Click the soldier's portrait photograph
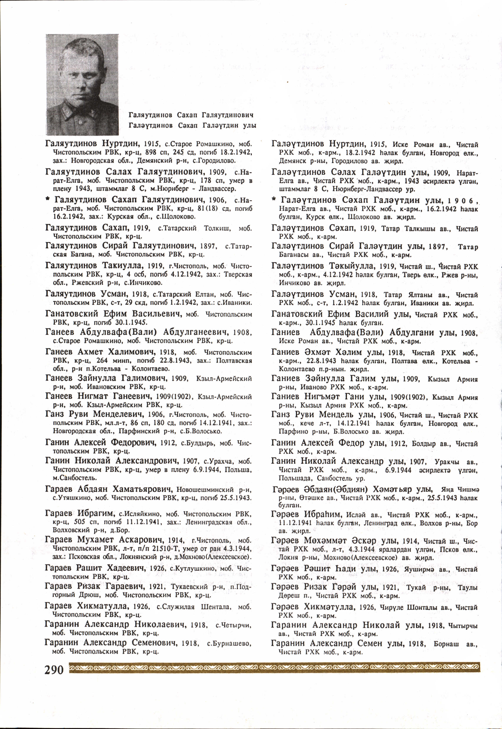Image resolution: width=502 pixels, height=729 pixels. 82,84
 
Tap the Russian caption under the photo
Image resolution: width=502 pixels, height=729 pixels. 191,115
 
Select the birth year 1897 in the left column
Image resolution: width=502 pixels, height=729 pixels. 214,246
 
